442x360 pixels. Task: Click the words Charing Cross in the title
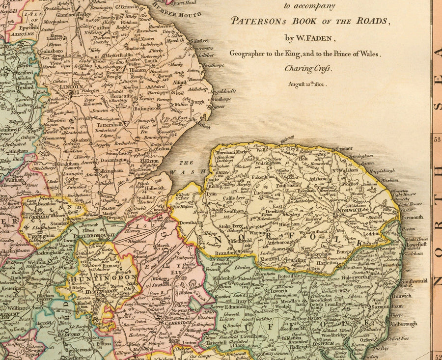[308, 68]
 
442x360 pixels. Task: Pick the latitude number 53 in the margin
[437, 139]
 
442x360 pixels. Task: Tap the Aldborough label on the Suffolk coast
[404, 324]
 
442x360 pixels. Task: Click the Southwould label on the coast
[414, 281]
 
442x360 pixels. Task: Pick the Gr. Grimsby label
[129, 7]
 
